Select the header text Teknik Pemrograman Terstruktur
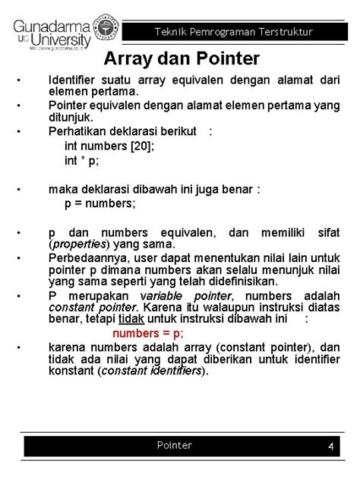[234, 32]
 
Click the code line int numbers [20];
[109, 146]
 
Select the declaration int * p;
[82, 161]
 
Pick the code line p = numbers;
[100, 204]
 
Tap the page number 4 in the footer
[331, 447]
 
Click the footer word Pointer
[175, 445]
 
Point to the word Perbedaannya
[82, 258]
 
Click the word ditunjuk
[70, 118]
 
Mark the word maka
[62, 189]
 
